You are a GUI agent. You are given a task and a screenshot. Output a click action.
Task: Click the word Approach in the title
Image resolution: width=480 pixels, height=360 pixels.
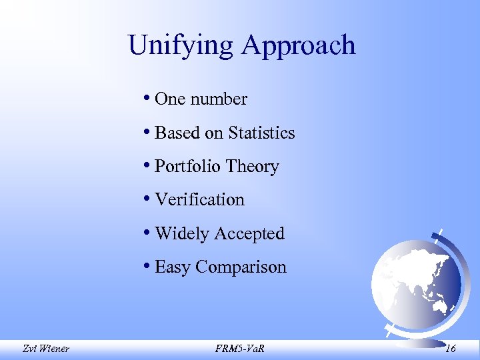[299, 46]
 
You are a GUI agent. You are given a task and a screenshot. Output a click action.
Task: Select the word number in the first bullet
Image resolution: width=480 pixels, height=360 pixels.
[219, 99]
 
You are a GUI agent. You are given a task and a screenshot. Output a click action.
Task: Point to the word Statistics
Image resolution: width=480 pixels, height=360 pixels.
[261, 133]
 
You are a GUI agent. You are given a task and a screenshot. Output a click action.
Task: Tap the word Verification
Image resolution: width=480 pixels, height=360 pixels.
[199, 199]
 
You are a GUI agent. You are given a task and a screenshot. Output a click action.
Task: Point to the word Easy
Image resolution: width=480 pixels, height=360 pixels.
[173, 267]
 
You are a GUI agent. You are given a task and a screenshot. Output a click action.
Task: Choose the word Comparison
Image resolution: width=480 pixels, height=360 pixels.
[241, 267]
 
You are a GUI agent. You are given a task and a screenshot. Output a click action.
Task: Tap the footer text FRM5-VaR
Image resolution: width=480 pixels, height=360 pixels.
[239, 347]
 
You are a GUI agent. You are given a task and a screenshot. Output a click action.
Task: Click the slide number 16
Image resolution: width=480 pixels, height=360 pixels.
[451, 347]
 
